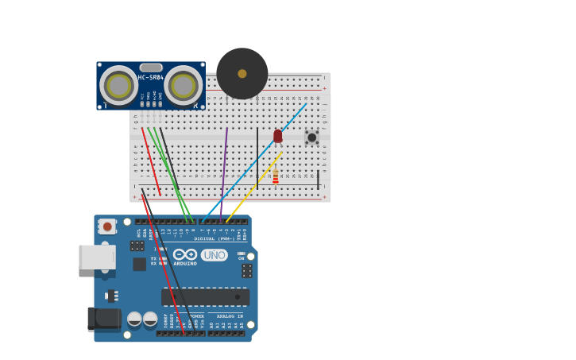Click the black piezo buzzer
[242, 73]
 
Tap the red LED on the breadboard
[277, 136]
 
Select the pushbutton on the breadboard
[312, 137]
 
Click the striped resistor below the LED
[276, 176]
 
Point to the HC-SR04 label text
[150, 77]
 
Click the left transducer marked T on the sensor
[118, 85]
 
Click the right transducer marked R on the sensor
[184, 85]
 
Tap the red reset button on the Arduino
[107, 226]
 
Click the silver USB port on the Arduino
[96, 257]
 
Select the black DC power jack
[103, 319]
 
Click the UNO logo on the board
[214, 255]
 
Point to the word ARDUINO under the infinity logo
[185, 263]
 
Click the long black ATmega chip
[205, 297]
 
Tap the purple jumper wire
[225, 167]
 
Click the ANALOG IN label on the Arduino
[230, 316]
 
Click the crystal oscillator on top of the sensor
[151, 68]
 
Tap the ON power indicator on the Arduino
[241, 257]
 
